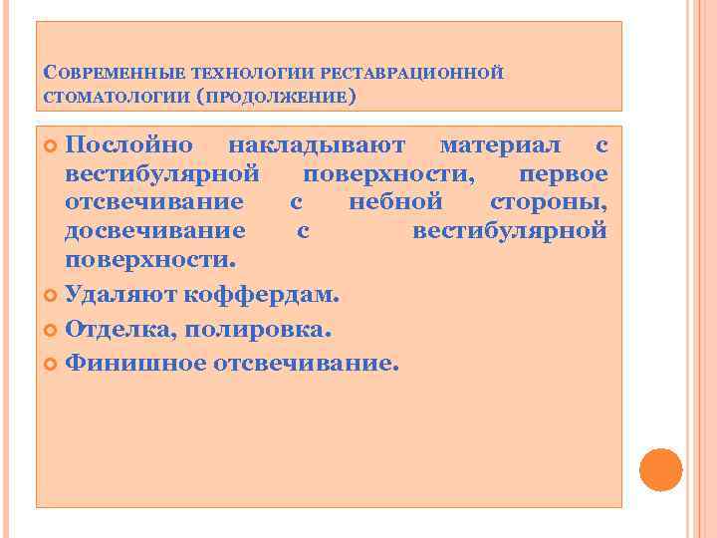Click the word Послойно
pyautogui.click(x=129, y=145)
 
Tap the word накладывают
pyautogui.click(x=317, y=145)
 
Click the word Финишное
pyautogui.click(x=134, y=363)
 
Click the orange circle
pyautogui.click(x=660, y=469)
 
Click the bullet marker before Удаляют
pyautogui.click(x=52, y=297)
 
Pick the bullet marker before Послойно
pyautogui.click(x=52, y=146)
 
